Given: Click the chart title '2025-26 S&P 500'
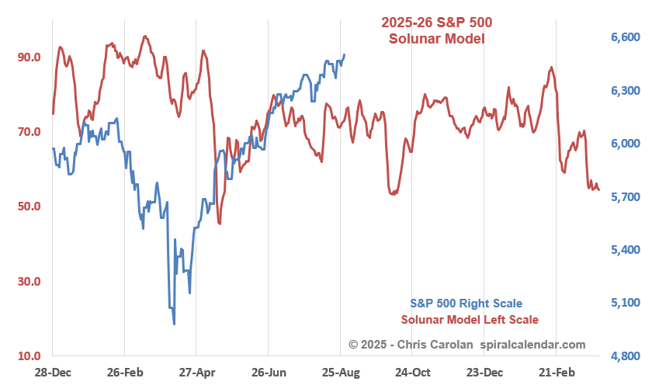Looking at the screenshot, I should (x=436, y=22).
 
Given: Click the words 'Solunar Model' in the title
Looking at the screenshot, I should (x=436, y=38).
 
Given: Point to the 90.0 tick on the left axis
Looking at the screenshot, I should (x=29, y=57).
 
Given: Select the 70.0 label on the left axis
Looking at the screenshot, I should (x=29, y=132).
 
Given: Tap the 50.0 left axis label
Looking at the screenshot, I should (x=29, y=206).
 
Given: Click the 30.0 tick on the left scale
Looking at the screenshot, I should (x=29, y=282).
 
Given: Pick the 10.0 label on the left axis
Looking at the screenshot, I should (x=29, y=356).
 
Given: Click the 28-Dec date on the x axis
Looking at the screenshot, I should (x=53, y=373).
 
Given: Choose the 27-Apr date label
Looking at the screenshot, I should (x=196, y=373).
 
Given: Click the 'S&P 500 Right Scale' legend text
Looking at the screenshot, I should (x=466, y=304).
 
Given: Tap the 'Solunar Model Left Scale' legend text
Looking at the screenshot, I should (x=470, y=320).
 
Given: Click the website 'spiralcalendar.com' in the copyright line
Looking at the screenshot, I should (x=532, y=344).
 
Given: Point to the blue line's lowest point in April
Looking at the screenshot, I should (x=174, y=324).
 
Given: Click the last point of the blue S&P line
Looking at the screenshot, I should (x=345, y=55).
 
